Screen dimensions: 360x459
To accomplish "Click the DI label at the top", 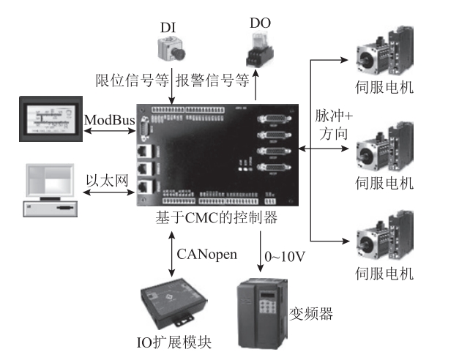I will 169,27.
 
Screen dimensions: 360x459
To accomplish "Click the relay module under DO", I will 259,55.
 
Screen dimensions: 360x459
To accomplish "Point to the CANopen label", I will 206,254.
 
